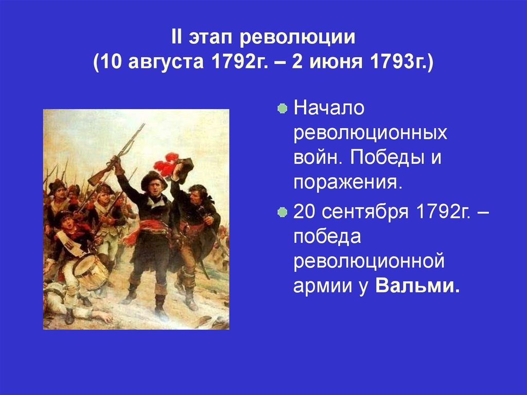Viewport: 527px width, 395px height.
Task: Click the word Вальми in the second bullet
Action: coord(417,286)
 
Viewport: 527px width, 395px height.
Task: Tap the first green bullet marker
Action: coord(282,110)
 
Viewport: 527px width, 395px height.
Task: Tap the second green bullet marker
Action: coord(282,212)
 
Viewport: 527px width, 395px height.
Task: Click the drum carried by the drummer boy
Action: coord(90,271)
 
